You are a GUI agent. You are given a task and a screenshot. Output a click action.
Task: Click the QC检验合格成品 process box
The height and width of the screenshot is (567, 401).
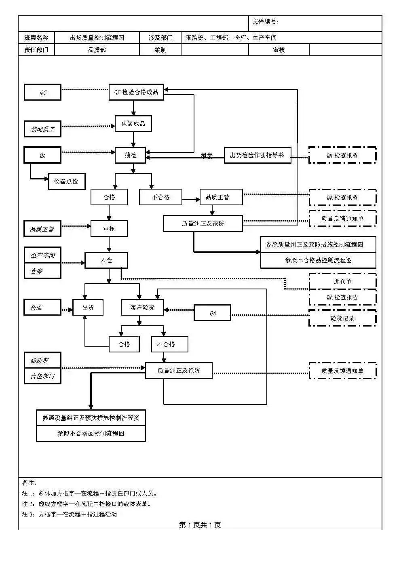(136, 92)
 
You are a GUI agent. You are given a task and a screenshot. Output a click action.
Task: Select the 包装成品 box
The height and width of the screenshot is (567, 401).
(133, 124)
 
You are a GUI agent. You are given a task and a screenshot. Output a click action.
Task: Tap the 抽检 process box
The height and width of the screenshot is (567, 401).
(130, 155)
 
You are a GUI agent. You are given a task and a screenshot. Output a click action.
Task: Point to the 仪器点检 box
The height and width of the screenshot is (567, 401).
(66, 181)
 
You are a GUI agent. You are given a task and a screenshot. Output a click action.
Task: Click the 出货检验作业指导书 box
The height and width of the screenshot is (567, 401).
(257, 155)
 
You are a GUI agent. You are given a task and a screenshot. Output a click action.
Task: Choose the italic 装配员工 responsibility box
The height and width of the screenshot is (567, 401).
(42, 129)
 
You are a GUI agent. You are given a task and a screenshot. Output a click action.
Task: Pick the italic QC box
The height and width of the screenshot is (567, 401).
(42, 93)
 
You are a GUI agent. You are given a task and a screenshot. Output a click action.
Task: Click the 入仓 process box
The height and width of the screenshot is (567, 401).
(106, 260)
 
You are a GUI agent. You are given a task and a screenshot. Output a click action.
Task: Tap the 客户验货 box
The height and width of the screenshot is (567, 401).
(142, 308)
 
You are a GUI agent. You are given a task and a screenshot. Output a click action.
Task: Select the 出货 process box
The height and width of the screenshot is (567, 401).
(88, 308)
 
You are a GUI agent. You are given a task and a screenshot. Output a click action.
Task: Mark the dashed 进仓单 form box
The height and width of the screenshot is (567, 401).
(342, 282)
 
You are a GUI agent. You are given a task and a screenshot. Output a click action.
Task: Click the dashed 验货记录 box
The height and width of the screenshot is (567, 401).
(342, 318)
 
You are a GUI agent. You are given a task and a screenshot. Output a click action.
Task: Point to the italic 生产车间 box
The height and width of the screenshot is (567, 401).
(42, 255)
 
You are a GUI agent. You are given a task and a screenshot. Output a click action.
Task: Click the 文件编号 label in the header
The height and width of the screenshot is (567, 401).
(265, 22)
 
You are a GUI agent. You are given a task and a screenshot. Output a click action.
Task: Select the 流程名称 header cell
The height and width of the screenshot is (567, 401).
(36, 38)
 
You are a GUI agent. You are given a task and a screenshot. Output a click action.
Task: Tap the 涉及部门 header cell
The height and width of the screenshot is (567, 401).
(160, 38)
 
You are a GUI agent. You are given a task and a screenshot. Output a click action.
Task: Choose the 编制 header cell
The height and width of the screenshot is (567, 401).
(160, 50)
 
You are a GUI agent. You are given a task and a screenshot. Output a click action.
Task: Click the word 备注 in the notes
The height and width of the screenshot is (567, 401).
(29, 483)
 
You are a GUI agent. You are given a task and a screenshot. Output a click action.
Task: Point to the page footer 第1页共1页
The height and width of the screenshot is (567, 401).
(200, 525)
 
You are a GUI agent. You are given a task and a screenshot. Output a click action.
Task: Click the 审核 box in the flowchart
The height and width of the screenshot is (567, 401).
(109, 229)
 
